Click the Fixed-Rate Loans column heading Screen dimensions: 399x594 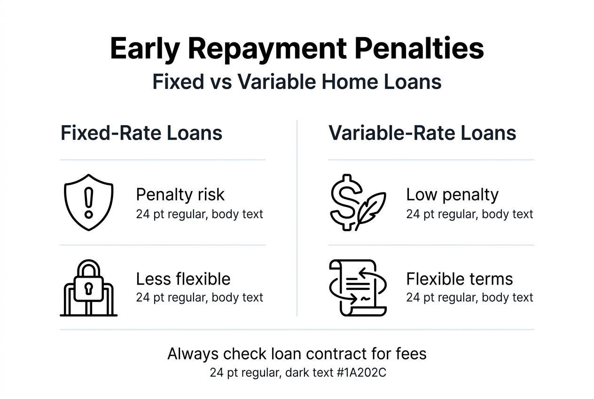click(141, 133)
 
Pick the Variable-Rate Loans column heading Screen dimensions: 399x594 click(422, 133)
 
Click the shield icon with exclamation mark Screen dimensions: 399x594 click(88, 202)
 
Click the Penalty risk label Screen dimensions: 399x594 click(180, 194)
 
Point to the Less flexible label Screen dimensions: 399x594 click(183, 279)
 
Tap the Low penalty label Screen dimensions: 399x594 click(452, 194)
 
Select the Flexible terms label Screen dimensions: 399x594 click(459, 279)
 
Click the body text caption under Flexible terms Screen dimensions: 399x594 click(469, 297)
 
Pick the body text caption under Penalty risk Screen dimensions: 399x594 click(199, 214)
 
